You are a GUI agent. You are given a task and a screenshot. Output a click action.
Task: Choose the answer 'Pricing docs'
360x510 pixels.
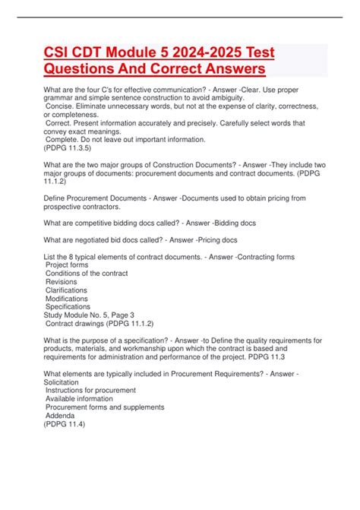tap(226, 240)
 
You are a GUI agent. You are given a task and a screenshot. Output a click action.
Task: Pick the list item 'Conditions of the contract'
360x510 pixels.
tap(87, 274)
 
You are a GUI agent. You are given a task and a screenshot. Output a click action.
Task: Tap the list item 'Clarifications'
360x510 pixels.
tap(68, 290)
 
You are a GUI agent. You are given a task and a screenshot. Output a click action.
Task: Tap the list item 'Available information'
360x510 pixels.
tap(80, 398)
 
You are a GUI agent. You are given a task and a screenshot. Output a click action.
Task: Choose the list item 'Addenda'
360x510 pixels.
tap(60, 415)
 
